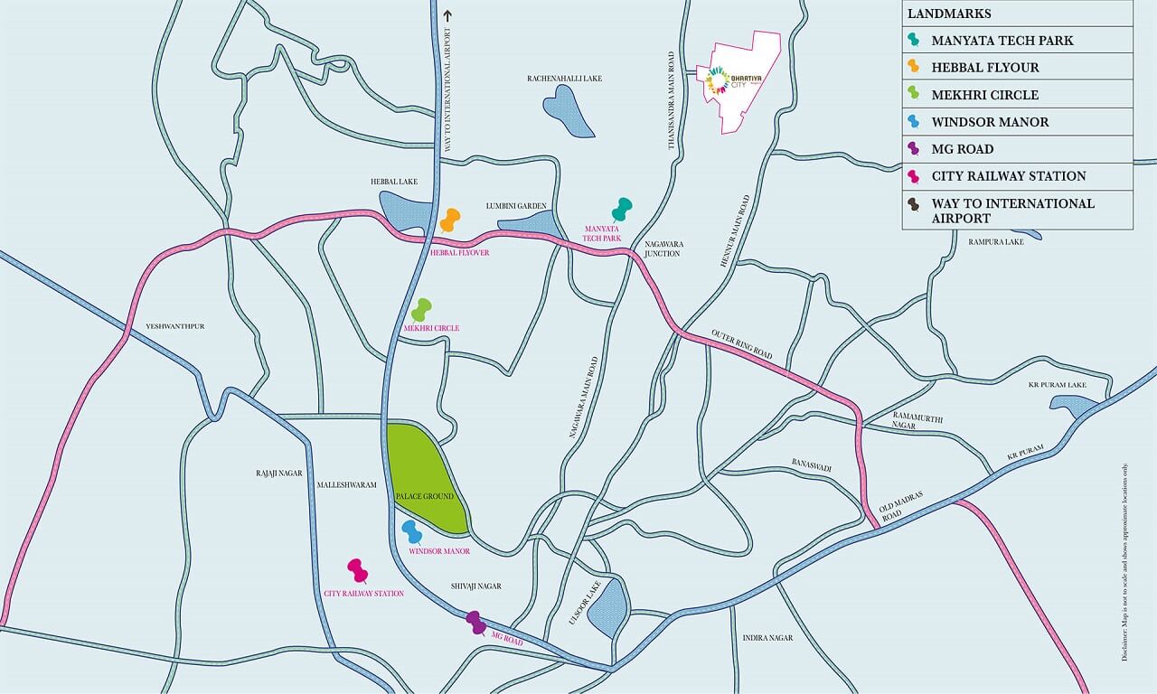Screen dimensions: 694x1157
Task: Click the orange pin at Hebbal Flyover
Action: (450, 220)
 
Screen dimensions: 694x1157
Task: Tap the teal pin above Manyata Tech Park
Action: (621, 209)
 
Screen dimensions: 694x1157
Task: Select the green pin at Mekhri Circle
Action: (421, 310)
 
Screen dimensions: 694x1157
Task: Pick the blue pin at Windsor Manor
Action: (412, 531)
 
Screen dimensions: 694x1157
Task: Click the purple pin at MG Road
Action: (475, 622)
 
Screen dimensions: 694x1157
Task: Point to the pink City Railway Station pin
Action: (358, 570)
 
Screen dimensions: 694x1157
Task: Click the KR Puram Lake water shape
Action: (1084, 407)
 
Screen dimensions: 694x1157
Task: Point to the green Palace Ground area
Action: (425, 474)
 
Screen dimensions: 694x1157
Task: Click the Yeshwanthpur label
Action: (175, 325)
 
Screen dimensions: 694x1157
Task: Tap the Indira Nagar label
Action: (767, 638)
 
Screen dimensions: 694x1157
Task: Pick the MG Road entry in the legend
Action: (962, 149)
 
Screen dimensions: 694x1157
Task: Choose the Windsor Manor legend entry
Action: (990, 122)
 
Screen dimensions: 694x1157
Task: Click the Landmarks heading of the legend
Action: (949, 14)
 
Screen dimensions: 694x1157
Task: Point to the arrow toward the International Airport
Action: (446, 14)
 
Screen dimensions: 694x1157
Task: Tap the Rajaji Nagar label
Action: (279, 473)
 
